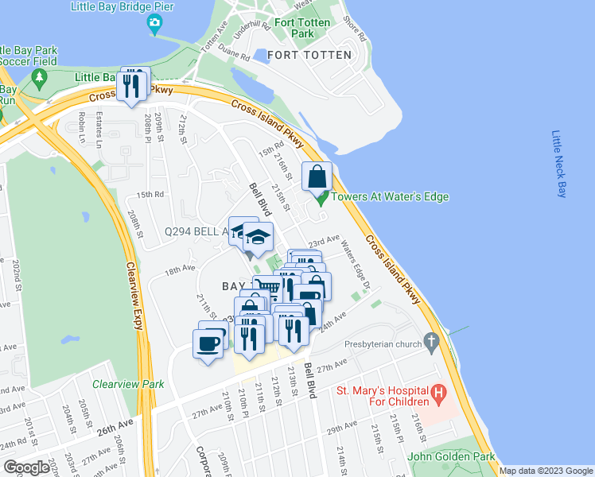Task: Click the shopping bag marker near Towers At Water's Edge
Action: click(x=317, y=177)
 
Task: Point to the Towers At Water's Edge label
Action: click(x=390, y=197)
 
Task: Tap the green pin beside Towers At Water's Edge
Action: click(x=321, y=199)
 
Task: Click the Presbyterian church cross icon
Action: click(x=431, y=343)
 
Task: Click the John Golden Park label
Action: click(x=451, y=456)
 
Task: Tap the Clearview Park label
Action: click(x=128, y=384)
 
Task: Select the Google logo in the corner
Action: click(x=26, y=467)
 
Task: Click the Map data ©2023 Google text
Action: click(x=545, y=471)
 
